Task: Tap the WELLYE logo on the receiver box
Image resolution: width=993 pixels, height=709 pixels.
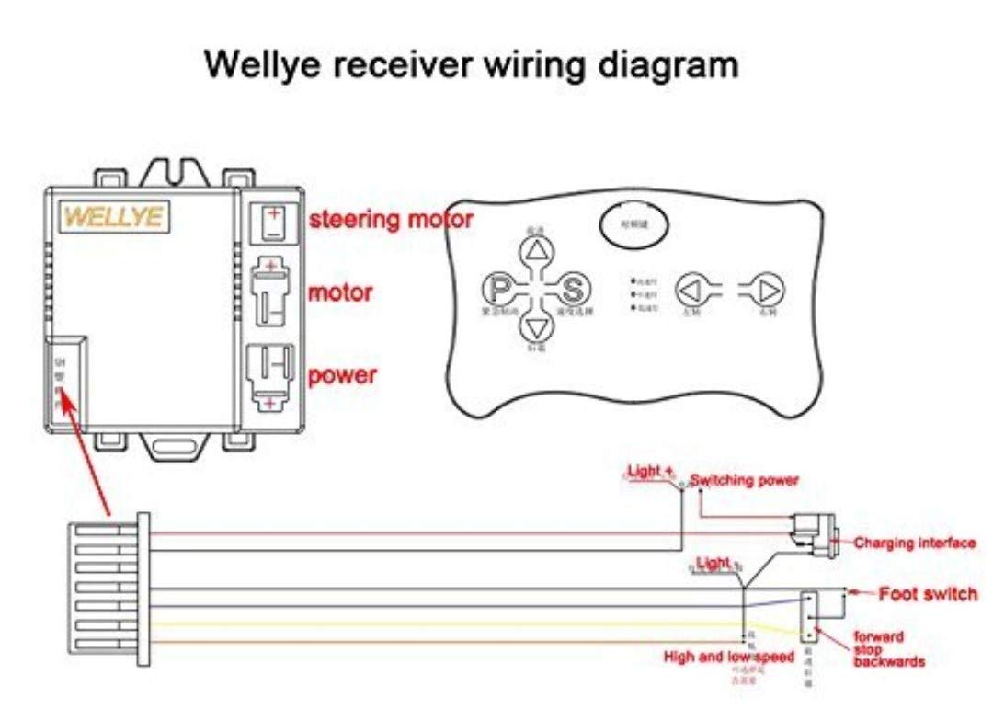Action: click(x=112, y=217)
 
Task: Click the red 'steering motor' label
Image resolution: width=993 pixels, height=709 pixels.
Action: click(x=391, y=220)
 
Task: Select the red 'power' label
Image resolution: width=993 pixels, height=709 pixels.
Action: click(x=342, y=376)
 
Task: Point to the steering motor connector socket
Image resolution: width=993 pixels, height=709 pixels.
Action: click(x=272, y=223)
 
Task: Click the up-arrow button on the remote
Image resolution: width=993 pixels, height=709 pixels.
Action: click(x=535, y=251)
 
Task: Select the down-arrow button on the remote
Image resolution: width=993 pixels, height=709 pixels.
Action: click(x=535, y=328)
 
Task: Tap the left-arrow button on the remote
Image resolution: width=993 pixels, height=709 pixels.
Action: click(x=691, y=290)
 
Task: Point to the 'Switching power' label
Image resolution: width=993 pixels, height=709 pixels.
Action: click(x=745, y=480)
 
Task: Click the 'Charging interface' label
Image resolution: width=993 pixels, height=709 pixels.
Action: click(x=915, y=543)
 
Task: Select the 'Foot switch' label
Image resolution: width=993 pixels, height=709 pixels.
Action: click(x=928, y=594)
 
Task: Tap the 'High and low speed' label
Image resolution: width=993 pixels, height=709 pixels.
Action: click(x=729, y=658)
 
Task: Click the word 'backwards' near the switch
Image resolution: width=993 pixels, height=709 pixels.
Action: click(x=887, y=661)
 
